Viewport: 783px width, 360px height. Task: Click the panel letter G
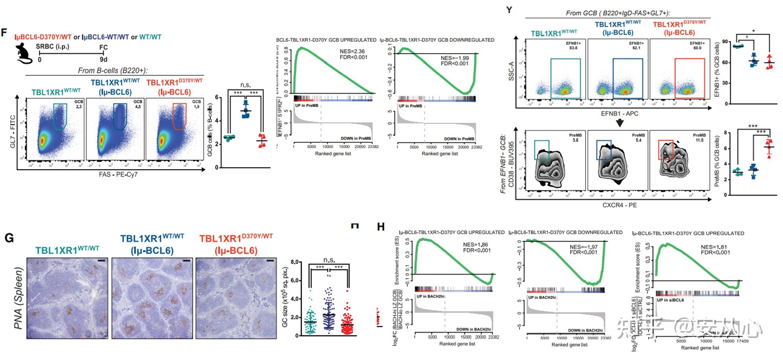[x=9, y=238]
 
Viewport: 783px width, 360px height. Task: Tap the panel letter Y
[x=509, y=9]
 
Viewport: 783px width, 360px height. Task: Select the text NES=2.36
[x=352, y=51]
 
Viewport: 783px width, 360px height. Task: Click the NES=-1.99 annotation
[x=455, y=58]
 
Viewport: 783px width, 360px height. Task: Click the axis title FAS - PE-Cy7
[x=118, y=174]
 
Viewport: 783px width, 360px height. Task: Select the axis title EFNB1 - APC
[x=619, y=114]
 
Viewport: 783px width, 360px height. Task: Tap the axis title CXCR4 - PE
[x=619, y=205]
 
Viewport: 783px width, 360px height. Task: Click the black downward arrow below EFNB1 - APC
[x=619, y=123]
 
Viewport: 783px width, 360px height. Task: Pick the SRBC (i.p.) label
[x=52, y=46]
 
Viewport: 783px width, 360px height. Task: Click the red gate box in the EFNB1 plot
[x=689, y=78]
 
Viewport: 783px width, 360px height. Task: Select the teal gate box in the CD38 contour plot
[x=542, y=150]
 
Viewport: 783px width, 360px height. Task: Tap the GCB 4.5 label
[x=138, y=104]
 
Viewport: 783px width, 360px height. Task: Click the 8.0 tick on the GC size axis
[x=295, y=262]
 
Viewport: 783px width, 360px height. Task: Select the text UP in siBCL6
[x=670, y=300]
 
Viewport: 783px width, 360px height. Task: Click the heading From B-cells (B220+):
[x=112, y=70]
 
